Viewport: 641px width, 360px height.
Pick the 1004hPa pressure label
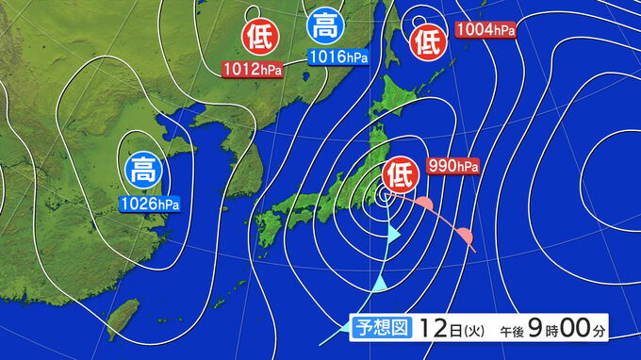click(x=485, y=30)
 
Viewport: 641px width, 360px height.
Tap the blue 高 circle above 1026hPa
click(x=143, y=170)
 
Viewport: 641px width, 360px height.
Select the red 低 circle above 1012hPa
click(x=257, y=37)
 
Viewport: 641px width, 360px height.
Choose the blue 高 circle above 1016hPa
click(x=326, y=26)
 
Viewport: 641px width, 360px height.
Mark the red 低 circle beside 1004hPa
click(x=427, y=41)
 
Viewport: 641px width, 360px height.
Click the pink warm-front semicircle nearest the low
click(x=425, y=205)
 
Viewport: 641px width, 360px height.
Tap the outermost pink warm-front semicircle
click(x=464, y=233)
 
